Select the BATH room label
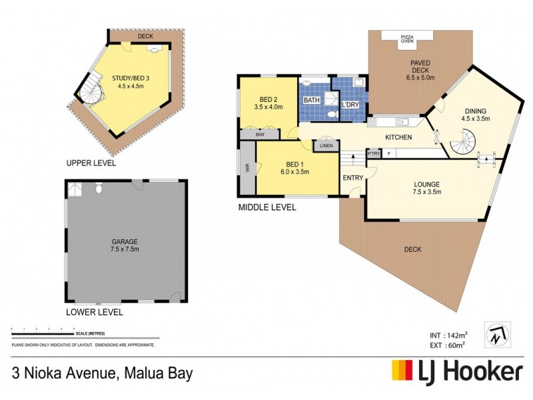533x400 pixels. point(312,100)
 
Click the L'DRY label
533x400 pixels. point(350,105)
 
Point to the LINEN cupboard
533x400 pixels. point(326,145)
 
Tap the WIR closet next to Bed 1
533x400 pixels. point(247,169)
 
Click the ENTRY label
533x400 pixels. point(352,178)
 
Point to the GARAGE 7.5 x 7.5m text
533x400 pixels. point(125,245)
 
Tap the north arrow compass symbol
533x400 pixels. point(498,335)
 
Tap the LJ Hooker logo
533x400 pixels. point(456,370)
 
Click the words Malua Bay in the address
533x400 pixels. point(155,373)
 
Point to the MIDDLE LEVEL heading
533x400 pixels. point(267,207)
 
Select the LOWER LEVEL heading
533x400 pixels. point(94,311)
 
